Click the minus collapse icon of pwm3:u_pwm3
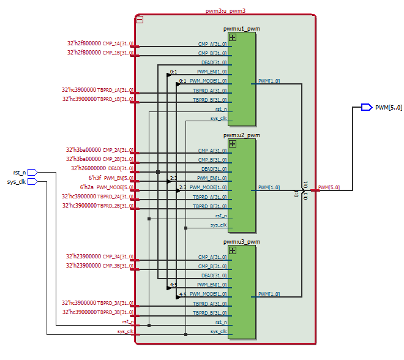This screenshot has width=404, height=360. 140,20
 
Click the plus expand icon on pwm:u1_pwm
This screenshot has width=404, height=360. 232,37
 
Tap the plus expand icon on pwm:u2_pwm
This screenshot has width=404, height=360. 232,144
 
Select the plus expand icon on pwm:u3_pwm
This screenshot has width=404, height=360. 232,250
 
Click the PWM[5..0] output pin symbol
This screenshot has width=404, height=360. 366,107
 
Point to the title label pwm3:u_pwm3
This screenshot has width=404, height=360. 225,11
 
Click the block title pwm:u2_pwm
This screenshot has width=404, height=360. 242,135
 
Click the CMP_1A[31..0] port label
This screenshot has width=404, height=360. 118,44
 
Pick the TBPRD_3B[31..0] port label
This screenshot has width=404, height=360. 115,312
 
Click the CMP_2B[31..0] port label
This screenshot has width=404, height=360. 118,159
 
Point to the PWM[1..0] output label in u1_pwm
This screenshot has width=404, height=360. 269,81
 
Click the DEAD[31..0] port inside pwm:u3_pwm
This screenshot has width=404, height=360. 214,276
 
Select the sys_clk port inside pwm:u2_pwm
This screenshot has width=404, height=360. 219,225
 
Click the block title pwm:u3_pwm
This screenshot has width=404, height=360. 242,242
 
